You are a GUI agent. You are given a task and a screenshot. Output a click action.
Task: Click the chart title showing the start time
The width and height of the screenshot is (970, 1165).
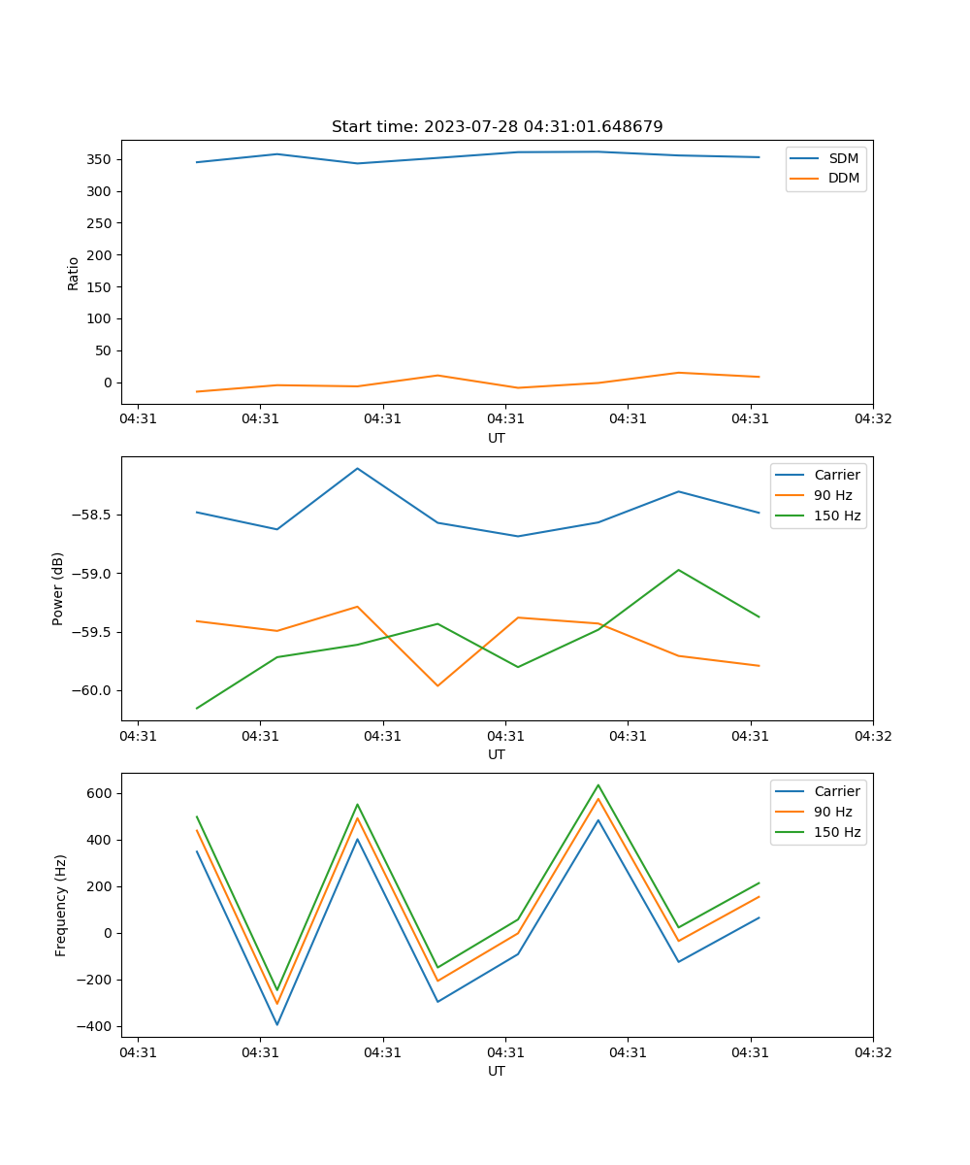point(497,127)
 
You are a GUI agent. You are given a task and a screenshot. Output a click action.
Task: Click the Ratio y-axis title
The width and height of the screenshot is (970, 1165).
point(74,274)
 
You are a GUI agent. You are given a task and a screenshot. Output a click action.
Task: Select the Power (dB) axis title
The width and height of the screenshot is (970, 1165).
point(58,588)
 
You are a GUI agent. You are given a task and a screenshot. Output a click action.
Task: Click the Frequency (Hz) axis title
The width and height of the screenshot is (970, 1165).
point(61,905)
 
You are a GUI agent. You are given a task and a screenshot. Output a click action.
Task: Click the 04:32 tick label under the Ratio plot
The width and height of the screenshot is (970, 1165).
point(873,419)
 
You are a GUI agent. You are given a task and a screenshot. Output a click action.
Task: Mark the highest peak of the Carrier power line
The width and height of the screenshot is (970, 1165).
point(357,468)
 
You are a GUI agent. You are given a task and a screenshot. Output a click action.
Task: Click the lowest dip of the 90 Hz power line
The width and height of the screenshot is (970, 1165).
point(437,685)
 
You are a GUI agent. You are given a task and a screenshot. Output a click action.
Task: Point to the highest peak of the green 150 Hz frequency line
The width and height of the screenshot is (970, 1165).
point(598,784)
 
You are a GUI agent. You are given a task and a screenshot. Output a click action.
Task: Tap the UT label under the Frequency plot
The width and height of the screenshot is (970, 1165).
point(497,1071)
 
